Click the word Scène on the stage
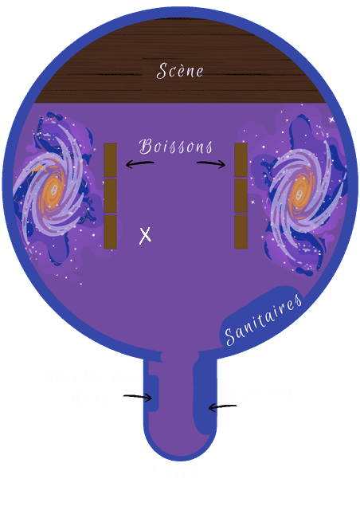(180, 71)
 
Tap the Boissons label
(176, 147)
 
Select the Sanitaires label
(264, 319)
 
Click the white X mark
(145, 236)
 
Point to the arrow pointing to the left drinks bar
(140, 164)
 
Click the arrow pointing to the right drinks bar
(211, 164)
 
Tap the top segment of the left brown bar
(110, 160)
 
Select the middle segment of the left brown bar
(110, 196)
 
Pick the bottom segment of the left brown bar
(110, 232)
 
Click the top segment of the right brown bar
(241, 160)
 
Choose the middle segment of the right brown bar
(241, 196)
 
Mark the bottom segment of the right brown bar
(241, 232)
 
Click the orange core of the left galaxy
(53, 191)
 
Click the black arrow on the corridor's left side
(138, 397)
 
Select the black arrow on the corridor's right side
(222, 407)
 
